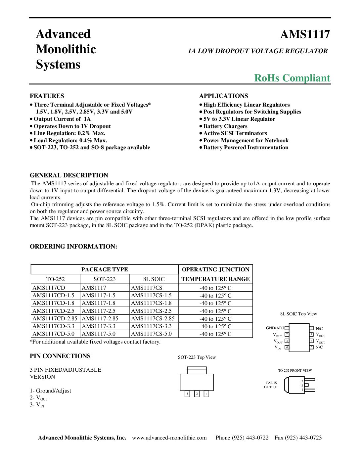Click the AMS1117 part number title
click(x=305, y=34)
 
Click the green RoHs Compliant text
click(x=292, y=78)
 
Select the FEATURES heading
click(x=47, y=96)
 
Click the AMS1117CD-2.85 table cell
click(x=55, y=318)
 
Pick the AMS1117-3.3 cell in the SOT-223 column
click(x=99, y=326)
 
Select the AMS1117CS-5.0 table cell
click(x=152, y=334)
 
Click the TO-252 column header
click(x=56, y=279)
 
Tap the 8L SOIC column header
click(x=154, y=279)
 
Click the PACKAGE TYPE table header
click(x=105, y=269)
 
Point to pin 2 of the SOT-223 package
click(x=197, y=394)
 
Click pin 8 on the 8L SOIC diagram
click(x=311, y=328)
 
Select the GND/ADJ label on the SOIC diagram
click(x=275, y=328)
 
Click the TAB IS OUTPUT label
click(x=271, y=385)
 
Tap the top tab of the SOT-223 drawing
click(x=197, y=370)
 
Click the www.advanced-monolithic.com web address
click(x=169, y=438)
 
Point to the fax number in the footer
click(x=298, y=438)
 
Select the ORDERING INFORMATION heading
click(x=73, y=247)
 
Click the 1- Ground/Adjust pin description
click(x=50, y=391)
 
